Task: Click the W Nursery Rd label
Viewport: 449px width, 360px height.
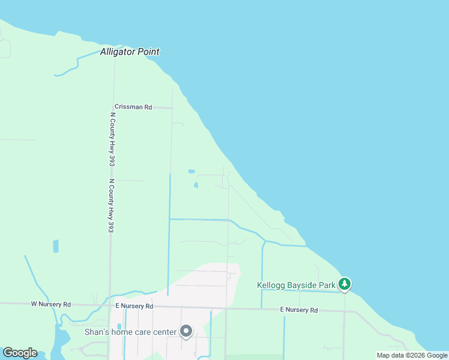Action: coord(51,304)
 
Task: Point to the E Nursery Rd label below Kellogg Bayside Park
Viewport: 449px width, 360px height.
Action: coord(299,310)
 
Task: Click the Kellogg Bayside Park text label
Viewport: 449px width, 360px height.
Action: coord(296,285)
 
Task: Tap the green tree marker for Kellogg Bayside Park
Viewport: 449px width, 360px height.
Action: coord(345,284)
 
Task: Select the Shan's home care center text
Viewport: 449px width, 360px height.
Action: coord(131,332)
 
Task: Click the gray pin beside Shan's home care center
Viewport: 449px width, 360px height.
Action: coord(186,331)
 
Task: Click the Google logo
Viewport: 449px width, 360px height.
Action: coord(20,353)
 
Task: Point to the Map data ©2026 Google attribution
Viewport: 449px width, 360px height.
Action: coord(412,355)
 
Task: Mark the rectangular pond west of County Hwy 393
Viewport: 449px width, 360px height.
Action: coord(56,246)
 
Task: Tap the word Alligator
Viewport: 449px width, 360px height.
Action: coord(119,52)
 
